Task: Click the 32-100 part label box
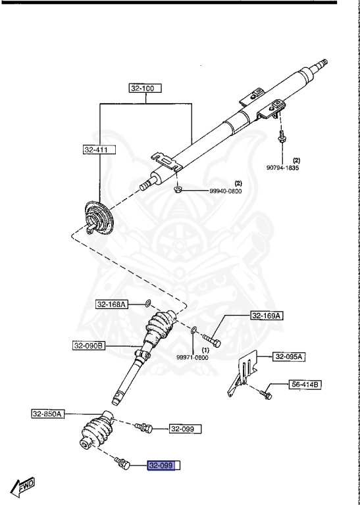pos(145,88)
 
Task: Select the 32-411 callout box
pos(99,149)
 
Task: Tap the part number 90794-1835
pos(282,168)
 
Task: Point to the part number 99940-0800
pos(226,191)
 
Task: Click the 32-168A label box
pos(112,304)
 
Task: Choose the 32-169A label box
pos(267,316)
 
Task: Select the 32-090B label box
pos(89,346)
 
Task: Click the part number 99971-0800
pos(192,358)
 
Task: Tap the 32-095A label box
pos(290,356)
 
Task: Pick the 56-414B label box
pos(305,384)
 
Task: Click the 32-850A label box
pos(47,414)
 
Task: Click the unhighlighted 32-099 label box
pos(186,429)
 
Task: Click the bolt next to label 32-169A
pos(212,340)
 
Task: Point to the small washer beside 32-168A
pos(148,302)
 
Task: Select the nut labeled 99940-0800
pos(176,189)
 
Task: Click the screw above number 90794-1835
pos(281,137)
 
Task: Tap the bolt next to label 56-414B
pos(266,395)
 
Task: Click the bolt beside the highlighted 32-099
pos(123,463)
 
